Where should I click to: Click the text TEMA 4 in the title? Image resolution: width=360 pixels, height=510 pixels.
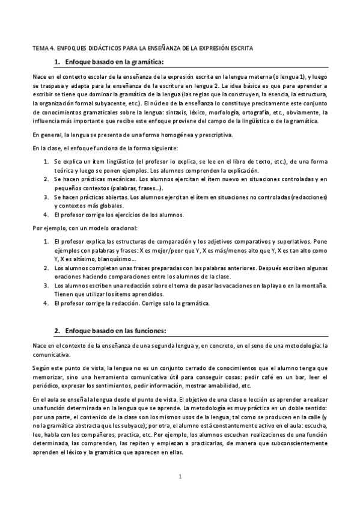click(x=44, y=48)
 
